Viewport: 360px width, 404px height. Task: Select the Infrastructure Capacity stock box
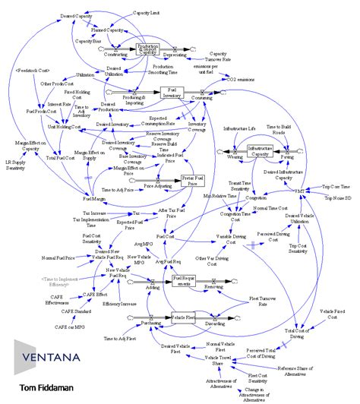pos(258,151)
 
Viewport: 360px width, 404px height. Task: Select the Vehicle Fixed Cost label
pos(333,315)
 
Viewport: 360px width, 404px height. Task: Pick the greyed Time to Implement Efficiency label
pos(56,283)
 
